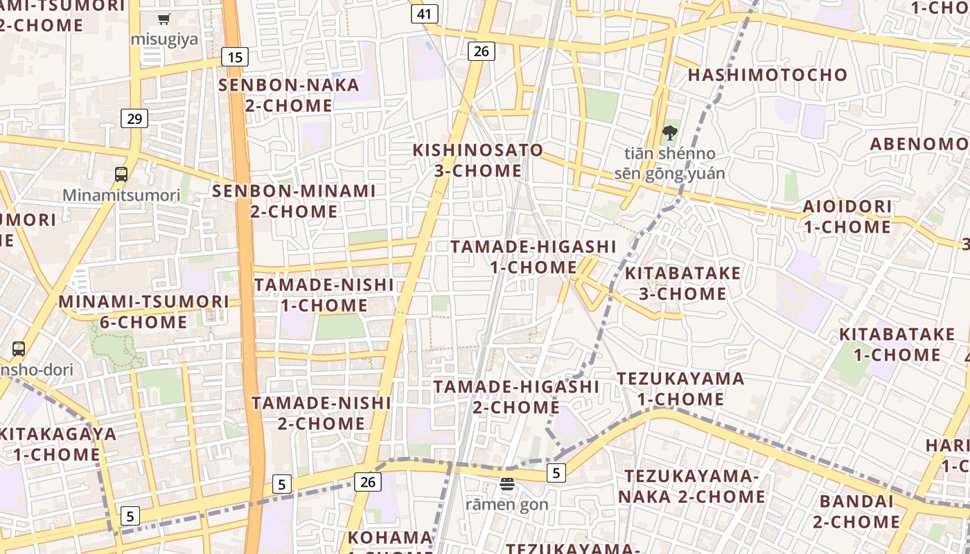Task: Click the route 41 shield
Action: tap(425, 14)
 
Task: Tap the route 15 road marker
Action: tap(235, 57)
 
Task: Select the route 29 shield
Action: tap(134, 118)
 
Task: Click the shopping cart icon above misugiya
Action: tap(164, 19)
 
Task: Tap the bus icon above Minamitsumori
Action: tap(121, 174)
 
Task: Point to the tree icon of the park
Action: tap(669, 132)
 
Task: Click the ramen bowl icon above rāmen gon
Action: tap(507, 484)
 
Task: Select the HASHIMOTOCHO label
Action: tap(768, 75)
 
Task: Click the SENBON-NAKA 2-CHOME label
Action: tap(289, 96)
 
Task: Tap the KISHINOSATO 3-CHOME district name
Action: tap(478, 160)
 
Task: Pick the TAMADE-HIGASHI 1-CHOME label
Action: tap(533, 256)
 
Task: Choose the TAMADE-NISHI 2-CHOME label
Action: tap(321, 413)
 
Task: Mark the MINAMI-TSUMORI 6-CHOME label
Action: tap(143, 312)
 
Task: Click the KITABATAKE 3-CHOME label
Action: tap(682, 283)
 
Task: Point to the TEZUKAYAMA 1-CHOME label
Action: tap(681, 388)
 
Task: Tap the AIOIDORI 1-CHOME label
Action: tap(847, 216)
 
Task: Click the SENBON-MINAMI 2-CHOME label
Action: tap(294, 201)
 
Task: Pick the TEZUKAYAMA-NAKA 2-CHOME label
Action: tap(691, 486)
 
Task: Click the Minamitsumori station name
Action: tap(121, 195)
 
